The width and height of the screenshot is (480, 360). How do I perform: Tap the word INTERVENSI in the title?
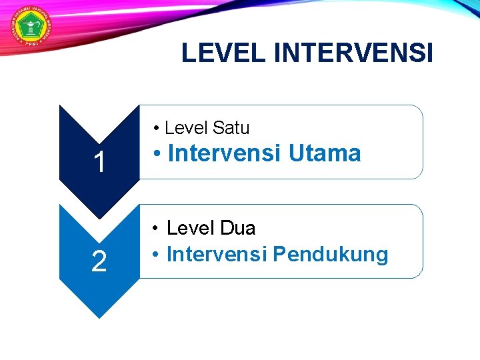pos(353,53)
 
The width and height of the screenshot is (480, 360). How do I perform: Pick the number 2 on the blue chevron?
pos(99,262)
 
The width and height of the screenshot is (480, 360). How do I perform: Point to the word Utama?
pos(325,154)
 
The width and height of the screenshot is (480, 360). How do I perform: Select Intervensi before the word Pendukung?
pos(217,254)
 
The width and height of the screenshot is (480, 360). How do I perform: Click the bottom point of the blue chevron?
pos(99,316)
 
